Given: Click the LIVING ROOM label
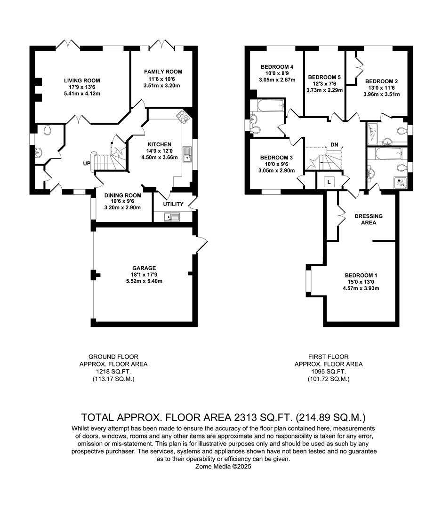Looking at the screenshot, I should (x=82, y=80).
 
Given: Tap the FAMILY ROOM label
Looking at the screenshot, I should (x=163, y=72).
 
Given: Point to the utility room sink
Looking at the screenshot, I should (x=172, y=216).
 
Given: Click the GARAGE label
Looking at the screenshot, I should (x=144, y=268).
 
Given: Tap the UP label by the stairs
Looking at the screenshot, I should (x=87, y=163).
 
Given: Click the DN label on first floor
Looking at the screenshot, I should (x=335, y=144).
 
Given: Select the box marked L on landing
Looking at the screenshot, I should (x=328, y=181).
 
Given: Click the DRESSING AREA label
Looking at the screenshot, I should (x=369, y=219).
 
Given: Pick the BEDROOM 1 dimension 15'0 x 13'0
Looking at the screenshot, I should (x=362, y=282).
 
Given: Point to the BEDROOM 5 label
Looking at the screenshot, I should (x=324, y=77).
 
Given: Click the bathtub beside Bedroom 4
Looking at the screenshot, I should (x=268, y=105).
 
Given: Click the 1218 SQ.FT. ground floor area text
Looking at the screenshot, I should (x=113, y=371).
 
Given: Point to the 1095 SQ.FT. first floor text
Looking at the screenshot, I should (x=328, y=371).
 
